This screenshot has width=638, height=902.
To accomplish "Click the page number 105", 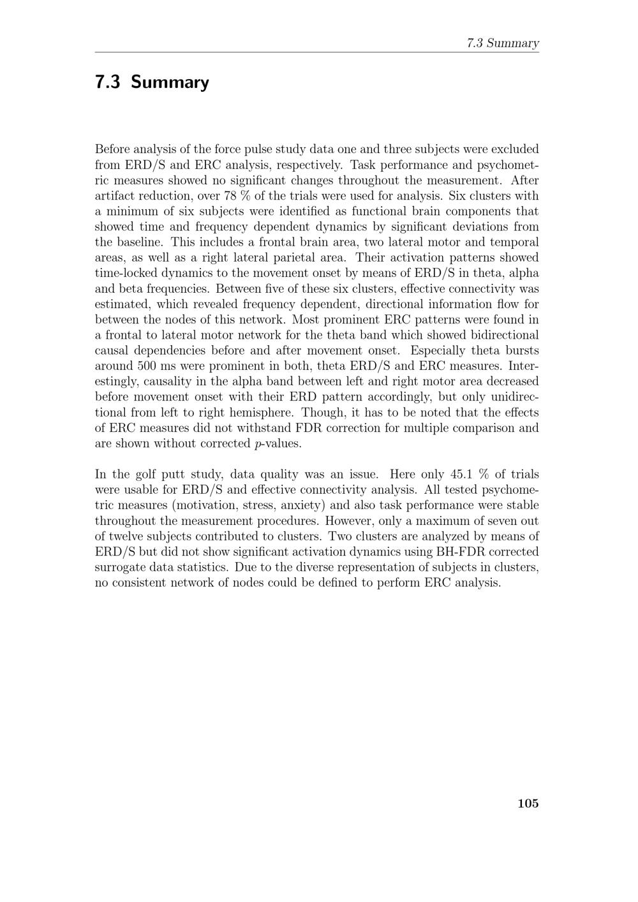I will pos(528,804).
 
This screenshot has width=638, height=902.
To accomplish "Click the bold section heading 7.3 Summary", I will pos(152,82).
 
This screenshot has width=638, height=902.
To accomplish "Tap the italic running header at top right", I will pos(503,43).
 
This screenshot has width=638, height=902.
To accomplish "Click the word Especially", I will pos(440,351).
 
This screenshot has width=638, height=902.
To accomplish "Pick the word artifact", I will pos(115,196).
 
